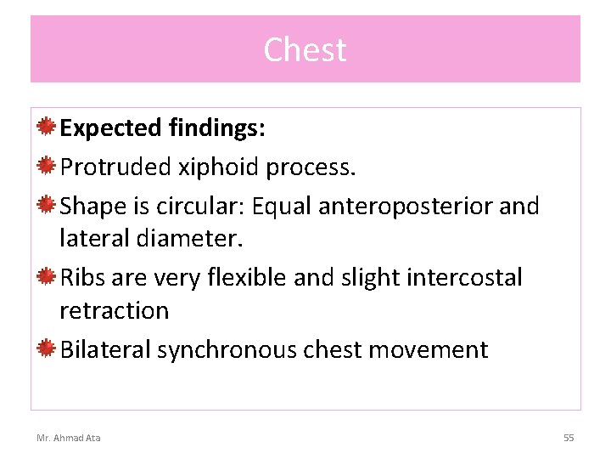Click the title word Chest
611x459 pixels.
(x=305, y=50)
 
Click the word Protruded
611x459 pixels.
(x=115, y=167)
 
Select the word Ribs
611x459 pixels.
(x=81, y=278)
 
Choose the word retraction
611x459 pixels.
(x=115, y=311)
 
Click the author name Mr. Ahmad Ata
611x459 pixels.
(x=68, y=438)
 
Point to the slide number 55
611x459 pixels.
(x=569, y=438)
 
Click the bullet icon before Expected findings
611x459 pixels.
(x=48, y=127)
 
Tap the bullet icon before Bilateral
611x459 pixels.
(x=48, y=349)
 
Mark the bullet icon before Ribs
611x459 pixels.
(x=48, y=277)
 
